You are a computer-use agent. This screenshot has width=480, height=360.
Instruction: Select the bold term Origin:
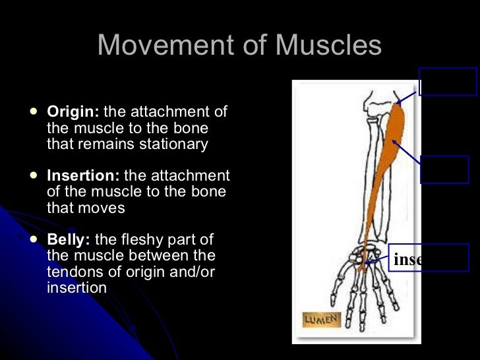(x=73, y=111)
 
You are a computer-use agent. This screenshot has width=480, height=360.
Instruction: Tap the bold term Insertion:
(x=83, y=175)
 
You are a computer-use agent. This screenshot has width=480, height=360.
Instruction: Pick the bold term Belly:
(x=69, y=239)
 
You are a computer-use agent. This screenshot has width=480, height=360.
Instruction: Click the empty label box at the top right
(x=448, y=82)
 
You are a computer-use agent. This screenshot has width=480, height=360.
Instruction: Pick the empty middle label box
(x=444, y=169)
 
